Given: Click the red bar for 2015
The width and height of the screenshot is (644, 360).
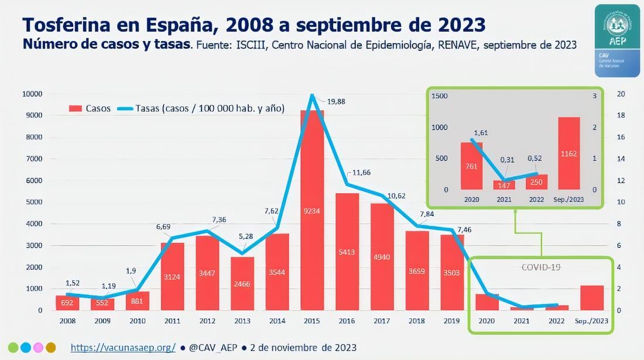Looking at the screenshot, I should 312,211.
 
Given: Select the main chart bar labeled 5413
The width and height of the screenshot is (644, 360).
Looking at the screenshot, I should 347,252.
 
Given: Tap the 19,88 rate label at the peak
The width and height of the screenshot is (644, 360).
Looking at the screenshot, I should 335,101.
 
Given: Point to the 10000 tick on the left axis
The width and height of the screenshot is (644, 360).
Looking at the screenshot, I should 32,94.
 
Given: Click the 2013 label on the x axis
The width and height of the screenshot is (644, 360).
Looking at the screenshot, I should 242,321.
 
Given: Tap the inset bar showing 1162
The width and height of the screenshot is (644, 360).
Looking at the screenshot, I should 569,153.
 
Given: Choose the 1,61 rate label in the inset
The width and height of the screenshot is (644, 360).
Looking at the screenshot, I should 481,133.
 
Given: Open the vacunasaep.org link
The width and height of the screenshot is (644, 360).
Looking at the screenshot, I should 123,347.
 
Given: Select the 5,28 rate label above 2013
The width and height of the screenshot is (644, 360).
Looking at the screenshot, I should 245,237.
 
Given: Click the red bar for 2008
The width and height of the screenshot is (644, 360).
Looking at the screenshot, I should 68,303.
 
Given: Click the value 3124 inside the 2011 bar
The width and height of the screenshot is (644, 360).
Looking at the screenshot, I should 173,276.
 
